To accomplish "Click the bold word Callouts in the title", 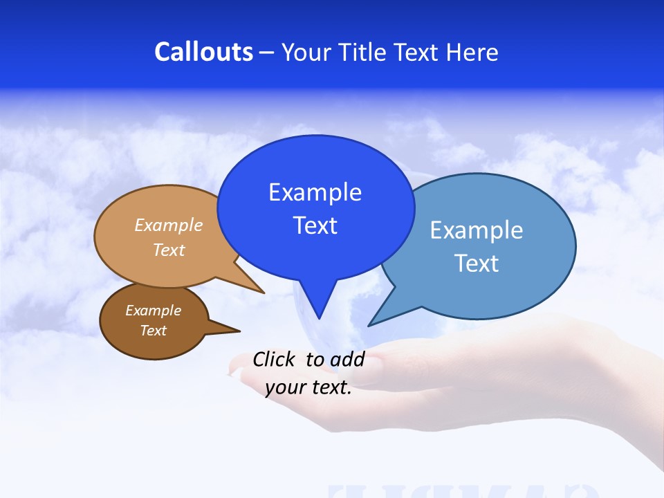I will pos(203,52).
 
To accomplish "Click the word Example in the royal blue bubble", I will pos(315,192).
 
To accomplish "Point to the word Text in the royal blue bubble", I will pos(315,225).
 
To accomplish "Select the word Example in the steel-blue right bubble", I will pos(477,230).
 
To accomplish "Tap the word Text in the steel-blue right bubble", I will pos(477,264).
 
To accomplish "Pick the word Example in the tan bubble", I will pos(169,225).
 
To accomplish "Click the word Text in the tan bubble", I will pos(169,250).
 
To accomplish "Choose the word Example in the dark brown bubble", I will pos(153,311).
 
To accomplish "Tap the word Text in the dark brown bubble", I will pos(153,331).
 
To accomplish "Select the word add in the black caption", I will pos(347,359).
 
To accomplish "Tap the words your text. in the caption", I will pos(308,387).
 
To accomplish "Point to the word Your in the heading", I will pos(303,52).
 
